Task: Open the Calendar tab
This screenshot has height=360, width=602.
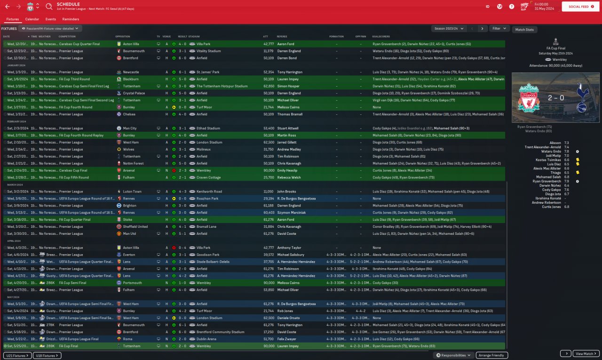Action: coord(32,19)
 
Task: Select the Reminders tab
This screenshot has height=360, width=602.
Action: coord(71,19)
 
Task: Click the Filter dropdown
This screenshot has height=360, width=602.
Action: coord(499,29)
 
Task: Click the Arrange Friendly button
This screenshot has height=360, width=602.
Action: coord(491,355)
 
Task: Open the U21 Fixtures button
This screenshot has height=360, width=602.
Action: coord(16,356)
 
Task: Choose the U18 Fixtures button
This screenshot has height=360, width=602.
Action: coord(48,356)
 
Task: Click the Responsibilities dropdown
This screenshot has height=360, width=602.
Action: coord(453,355)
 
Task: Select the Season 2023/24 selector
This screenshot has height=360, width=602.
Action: coord(449,29)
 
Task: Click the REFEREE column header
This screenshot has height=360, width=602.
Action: coord(282,36)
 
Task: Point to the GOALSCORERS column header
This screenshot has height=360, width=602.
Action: coord(381,36)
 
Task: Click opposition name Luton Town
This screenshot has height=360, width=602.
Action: coord(132,192)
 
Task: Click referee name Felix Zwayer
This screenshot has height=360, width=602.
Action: coord(287,339)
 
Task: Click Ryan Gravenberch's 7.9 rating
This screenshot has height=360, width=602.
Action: coord(567,181)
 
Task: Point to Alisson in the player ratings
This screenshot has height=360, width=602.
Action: coord(555,143)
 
